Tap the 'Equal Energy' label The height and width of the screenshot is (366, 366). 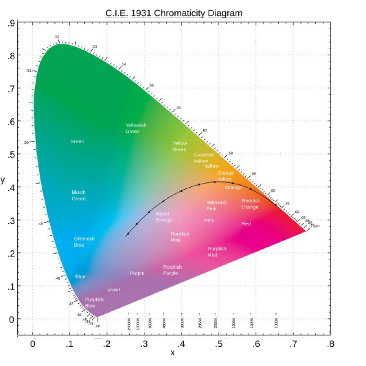tap(164, 217)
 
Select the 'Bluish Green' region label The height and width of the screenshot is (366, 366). tap(78, 196)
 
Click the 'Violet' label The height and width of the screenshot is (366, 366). tap(113, 290)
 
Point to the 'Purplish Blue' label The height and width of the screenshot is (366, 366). tap(94, 302)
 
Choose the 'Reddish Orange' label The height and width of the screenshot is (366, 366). tap(250, 204)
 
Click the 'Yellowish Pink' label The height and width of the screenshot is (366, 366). tap(216, 205)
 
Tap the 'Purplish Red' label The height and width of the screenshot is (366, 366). tap(217, 252)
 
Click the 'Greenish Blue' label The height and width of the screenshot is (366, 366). tap(84, 242)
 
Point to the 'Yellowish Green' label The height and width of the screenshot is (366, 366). tap(136, 128)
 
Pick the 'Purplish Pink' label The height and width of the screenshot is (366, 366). tap(180, 237)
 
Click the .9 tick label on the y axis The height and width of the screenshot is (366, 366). tap(11, 24)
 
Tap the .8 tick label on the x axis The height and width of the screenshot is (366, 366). tap(329, 344)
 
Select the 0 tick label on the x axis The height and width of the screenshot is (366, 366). tap(32, 344)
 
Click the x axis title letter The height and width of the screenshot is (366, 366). tap(172, 353)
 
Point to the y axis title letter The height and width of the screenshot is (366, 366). tap(3, 180)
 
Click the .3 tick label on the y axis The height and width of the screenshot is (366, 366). tap(11, 221)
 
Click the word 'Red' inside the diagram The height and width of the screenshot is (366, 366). tap(246, 224)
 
